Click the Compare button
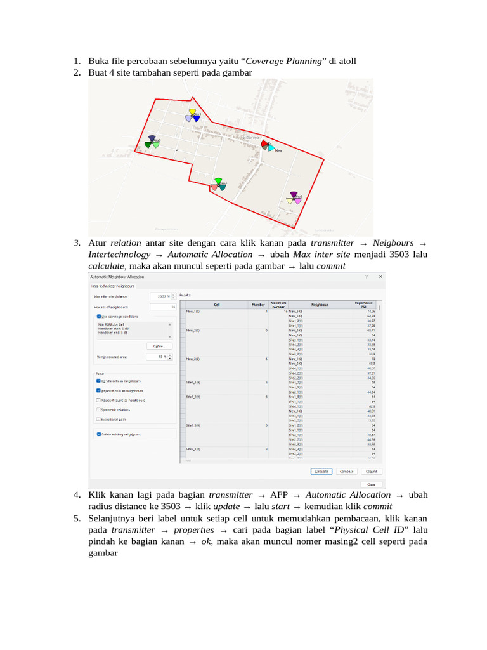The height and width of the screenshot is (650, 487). point(346,472)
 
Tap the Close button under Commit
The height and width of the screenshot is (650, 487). point(371,483)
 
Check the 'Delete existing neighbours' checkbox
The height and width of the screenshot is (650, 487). point(98,434)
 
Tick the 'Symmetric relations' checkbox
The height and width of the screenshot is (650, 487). point(98,409)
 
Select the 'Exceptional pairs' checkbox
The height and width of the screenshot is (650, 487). point(98,419)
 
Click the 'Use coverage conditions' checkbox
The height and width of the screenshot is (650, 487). point(98,315)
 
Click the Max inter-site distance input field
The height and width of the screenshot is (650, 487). point(159,296)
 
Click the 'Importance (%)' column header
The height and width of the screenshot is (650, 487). point(363,305)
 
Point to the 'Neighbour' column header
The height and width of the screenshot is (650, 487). point(320,305)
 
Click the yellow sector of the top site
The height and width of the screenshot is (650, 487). point(192,112)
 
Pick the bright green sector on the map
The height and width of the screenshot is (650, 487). point(218,182)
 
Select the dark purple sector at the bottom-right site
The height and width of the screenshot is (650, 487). point(294,194)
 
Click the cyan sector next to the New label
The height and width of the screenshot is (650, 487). point(271,149)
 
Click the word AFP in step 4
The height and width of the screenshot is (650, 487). point(279,495)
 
